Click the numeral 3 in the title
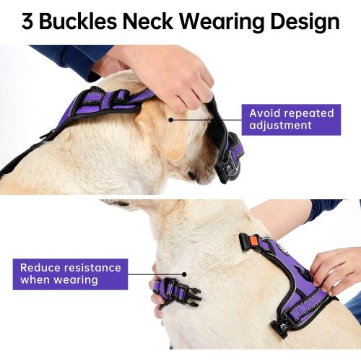pyautogui.click(x=27, y=22)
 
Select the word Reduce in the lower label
pyautogui.click(x=39, y=267)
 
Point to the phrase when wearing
pyautogui.click(x=58, y=279)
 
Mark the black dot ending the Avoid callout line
pyautogui.click(x=170, y=119)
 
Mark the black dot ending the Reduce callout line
pyautogui.click(x=186, y=274)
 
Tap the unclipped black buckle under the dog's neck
pyautogui.click(x=178, y=292)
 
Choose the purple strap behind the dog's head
pyautogui.click(x=108, y=101)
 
